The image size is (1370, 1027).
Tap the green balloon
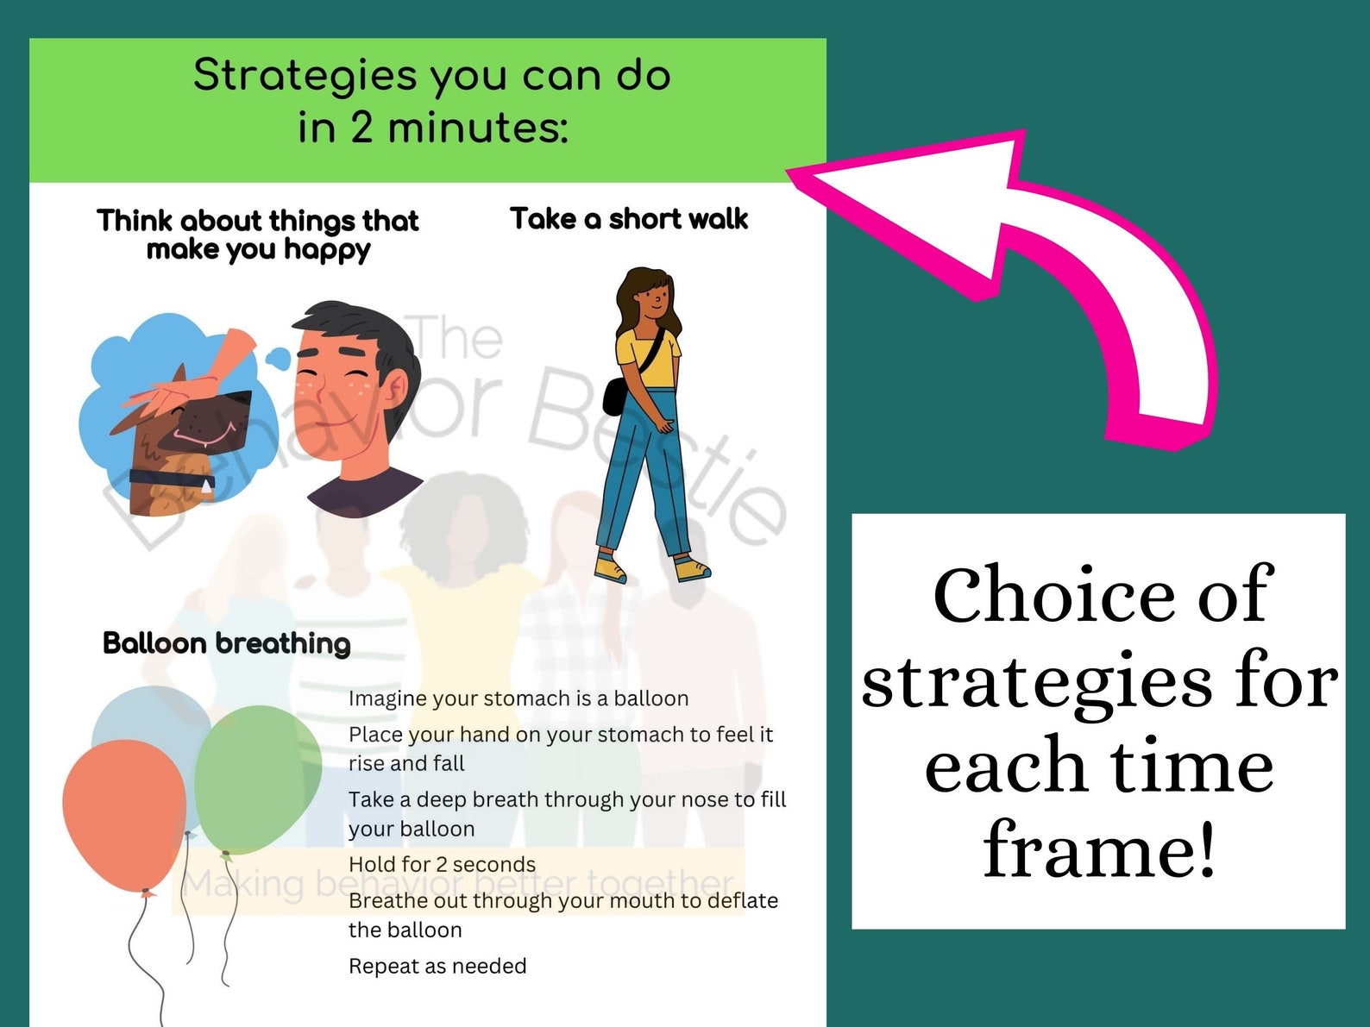point(257,776)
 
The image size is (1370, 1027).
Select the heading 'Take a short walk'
point(628,219)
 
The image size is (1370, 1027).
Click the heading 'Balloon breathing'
point(226,643)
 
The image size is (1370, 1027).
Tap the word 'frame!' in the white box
point(1100,849)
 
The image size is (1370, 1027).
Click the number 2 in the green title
point(361,128)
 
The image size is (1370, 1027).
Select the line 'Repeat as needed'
point(437,966)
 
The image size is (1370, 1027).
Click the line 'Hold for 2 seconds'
point(442,864)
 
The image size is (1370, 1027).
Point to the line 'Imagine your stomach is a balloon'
point(518,698)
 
